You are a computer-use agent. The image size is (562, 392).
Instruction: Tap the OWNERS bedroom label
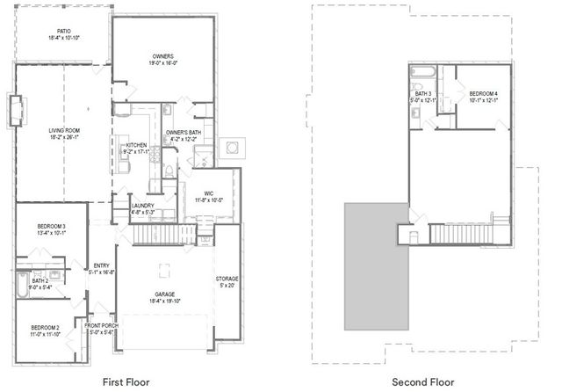point(162,60)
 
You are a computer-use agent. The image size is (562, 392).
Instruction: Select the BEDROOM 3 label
point(51,229)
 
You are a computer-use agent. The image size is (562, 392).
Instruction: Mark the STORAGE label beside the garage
point(227,282)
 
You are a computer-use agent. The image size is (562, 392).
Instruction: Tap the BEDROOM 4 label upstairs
point(482,97)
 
